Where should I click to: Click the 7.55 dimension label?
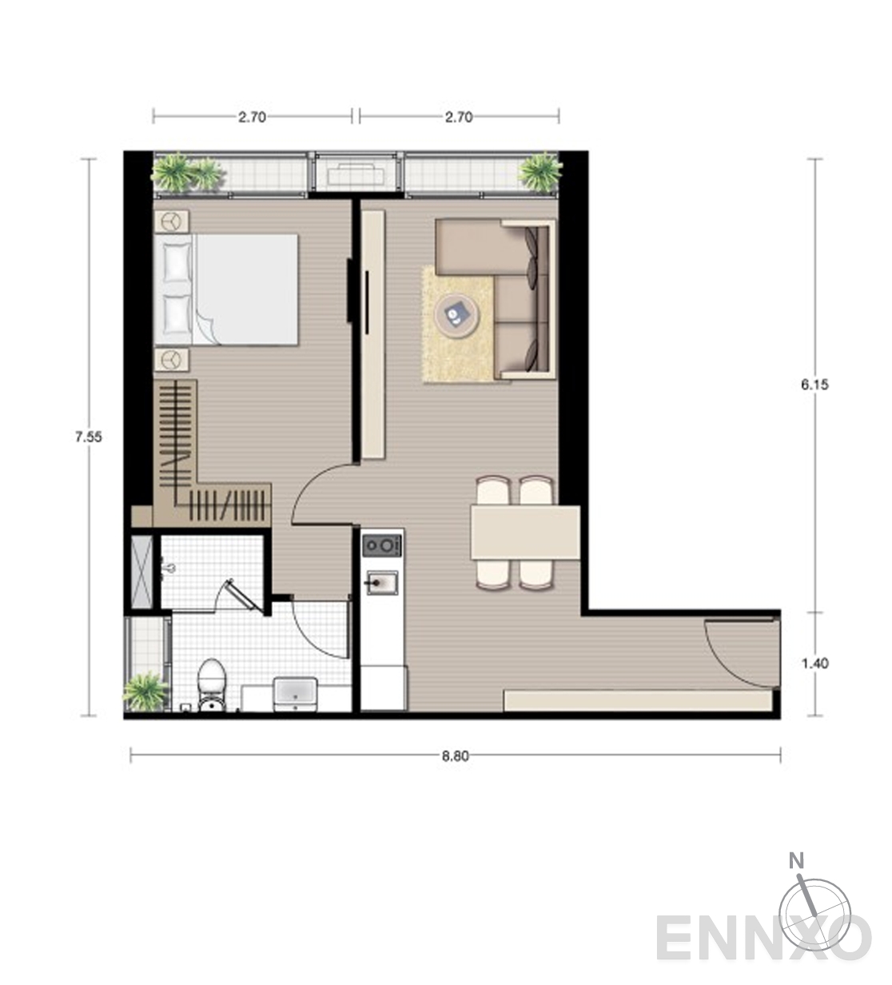89,437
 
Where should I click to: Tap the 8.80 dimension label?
456,756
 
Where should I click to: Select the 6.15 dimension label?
815,385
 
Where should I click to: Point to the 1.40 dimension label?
815,664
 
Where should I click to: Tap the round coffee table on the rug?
457,314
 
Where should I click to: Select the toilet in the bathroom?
211,685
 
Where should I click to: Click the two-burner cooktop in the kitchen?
382,545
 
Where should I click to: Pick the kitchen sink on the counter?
381,583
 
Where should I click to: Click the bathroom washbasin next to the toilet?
295,694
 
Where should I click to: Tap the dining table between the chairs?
525,532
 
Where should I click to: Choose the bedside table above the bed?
172,221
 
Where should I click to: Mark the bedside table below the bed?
172,360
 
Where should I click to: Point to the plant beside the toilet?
145,692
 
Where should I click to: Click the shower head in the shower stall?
168,569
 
